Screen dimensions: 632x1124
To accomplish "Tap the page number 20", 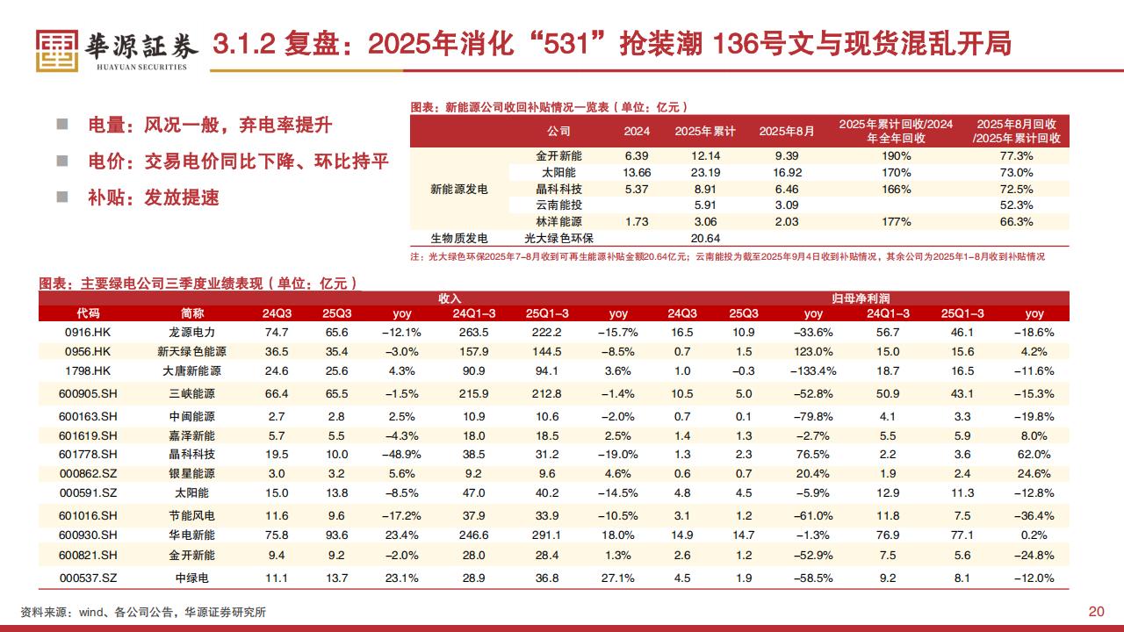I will (x=1096, y=612).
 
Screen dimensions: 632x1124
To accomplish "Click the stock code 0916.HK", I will (x=87, y=333).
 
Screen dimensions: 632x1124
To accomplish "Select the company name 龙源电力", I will (x=191, y=333).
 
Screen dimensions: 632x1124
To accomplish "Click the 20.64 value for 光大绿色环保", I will (x=705, y=238).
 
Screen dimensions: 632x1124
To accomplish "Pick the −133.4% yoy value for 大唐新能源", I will (x=813, y=370).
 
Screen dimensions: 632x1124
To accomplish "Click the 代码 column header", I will (x=88, y=313).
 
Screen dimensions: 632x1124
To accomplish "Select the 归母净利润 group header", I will (x=860, y=299).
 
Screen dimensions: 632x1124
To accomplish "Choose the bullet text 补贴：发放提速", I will (x=153, y=197).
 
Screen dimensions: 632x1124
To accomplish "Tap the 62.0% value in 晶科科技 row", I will (x=1034, y=454).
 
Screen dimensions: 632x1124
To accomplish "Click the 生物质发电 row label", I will (x=458, y=238).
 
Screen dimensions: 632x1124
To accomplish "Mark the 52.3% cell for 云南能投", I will (x=1016, y=205).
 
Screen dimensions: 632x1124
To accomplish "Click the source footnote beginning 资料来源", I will (x=143, y=612).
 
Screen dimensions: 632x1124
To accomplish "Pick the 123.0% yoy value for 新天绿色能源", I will (x=813, y=351).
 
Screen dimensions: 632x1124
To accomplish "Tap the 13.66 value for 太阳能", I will (x=636, y=172).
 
